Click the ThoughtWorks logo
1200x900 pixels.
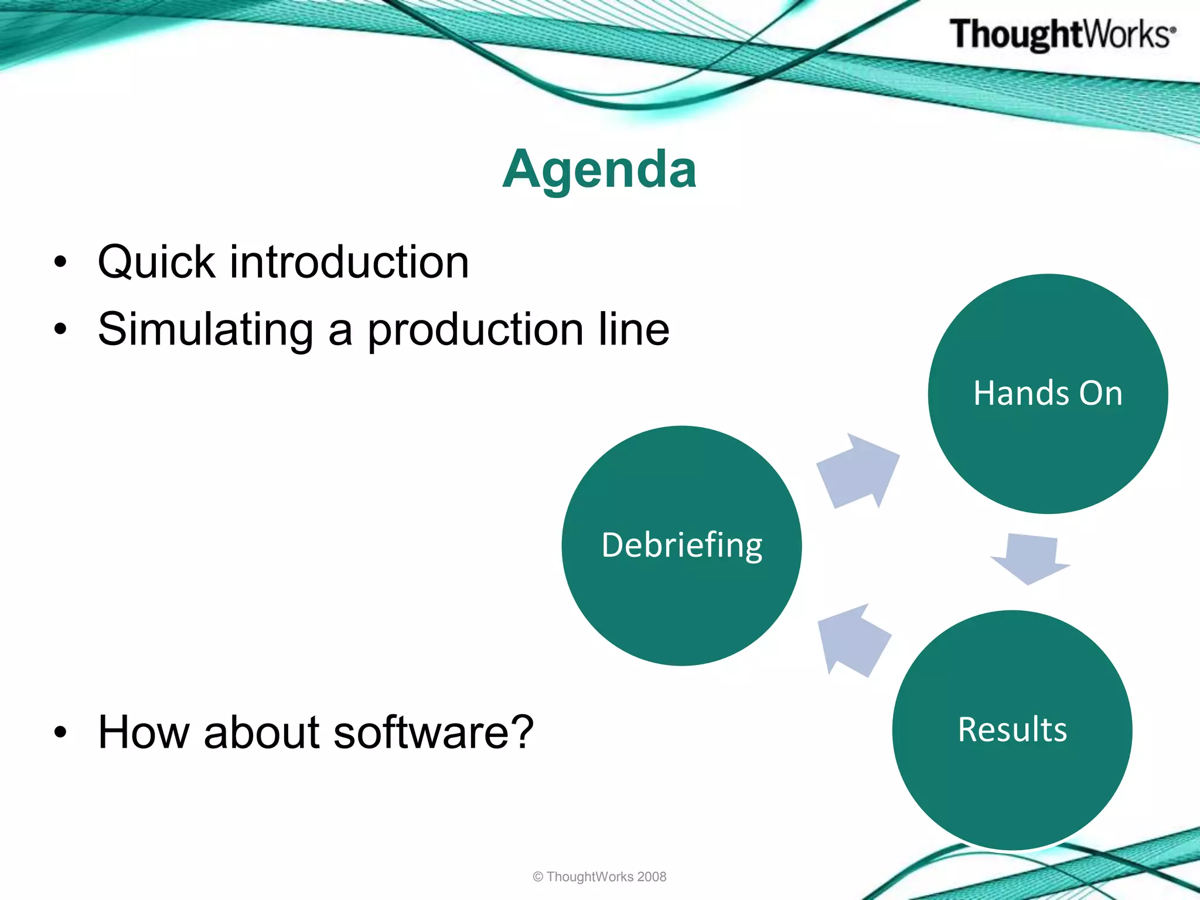tap(1062, 34)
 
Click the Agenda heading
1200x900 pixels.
tap(599, 169)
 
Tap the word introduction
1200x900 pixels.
tap(349, 262)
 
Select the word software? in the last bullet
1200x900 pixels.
tap(434, 732)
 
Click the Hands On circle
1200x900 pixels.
tap(1048, 394)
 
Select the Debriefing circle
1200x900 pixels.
tap(681, 546)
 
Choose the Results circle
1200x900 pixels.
tap(1012, 730)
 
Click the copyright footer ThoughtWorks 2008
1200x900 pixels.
tap(599, 877)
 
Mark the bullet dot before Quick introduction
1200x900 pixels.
tap(60, 262)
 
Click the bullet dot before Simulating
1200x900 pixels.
tap(60, 329)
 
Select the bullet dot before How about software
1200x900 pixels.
tap(60, 732)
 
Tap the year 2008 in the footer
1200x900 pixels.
tap(652, 877)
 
